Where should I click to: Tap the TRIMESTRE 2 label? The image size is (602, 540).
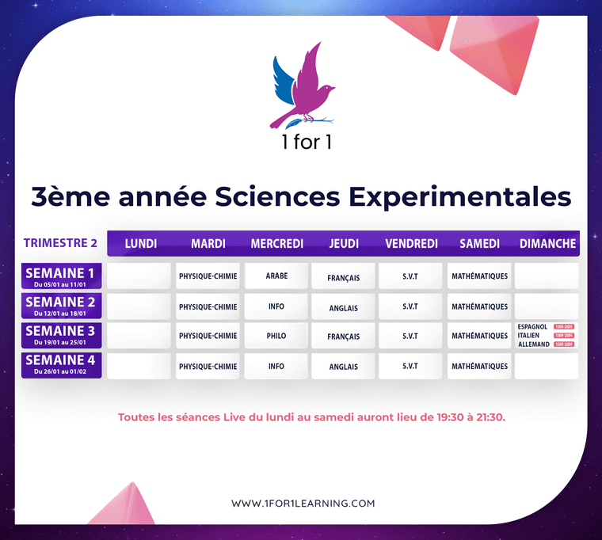60,243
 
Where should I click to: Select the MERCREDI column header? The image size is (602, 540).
276,243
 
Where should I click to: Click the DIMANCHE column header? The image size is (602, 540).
547,243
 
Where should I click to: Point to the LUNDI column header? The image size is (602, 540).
141,243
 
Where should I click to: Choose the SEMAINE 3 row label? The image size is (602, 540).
61,335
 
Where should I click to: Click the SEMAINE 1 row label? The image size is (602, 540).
61,276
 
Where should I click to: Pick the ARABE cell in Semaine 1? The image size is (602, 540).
276,276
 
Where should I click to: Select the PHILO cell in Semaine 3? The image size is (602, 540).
276,336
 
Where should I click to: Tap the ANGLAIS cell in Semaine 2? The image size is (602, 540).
344,307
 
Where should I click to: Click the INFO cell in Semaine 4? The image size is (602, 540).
276,367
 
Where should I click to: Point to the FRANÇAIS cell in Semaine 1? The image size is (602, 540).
344,278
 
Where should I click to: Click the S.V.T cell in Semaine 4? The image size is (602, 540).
410,367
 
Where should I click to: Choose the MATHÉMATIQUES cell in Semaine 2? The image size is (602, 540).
480,306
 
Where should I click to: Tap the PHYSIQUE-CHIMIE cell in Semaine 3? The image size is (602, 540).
208,336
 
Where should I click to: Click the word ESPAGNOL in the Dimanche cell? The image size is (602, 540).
532,327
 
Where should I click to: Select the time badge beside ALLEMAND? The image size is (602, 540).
563,344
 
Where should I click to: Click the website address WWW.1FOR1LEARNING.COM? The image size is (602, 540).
303,503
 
